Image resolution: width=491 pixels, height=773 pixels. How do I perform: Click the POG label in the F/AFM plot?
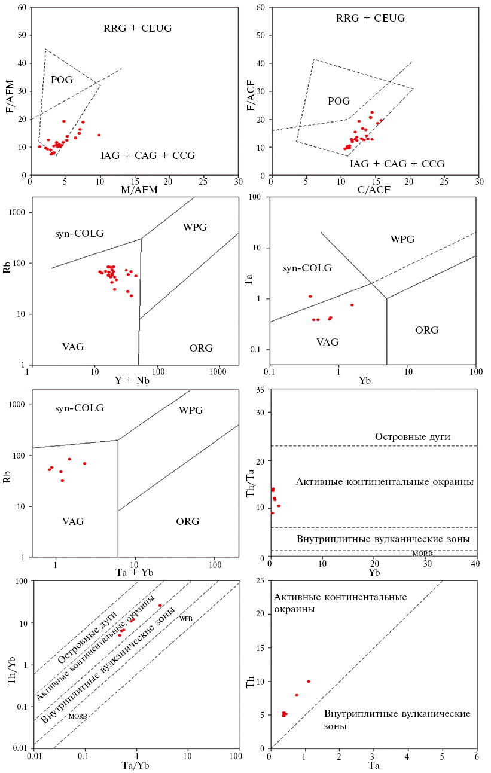62,80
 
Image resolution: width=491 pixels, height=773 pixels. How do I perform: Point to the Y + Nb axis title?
133,380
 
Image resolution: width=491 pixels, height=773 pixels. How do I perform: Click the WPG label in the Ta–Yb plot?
402,239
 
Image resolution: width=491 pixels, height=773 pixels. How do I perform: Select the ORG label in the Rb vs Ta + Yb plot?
187,521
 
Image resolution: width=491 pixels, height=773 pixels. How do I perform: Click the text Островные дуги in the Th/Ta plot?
413,437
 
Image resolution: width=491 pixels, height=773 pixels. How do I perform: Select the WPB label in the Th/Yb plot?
186,619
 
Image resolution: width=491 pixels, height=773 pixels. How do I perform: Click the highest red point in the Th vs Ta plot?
309,681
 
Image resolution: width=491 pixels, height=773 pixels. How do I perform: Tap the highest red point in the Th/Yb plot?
160,606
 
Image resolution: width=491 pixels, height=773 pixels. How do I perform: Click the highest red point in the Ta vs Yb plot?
310,296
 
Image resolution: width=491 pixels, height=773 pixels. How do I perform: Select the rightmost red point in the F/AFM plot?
99,135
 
